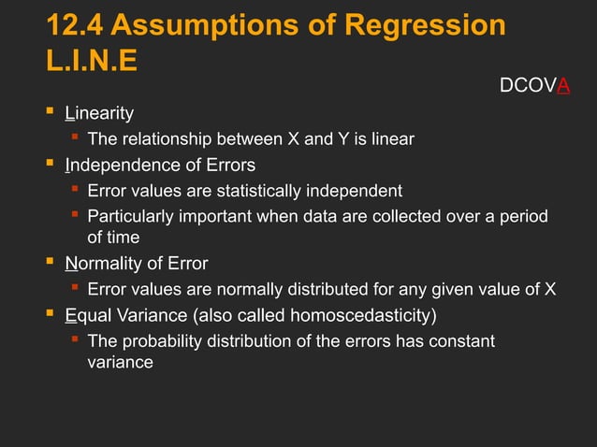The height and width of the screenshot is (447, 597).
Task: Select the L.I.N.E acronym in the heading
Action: (91, 62)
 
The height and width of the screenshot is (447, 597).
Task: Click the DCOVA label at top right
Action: (534, 87)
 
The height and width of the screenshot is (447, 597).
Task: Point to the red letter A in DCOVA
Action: (564, 87)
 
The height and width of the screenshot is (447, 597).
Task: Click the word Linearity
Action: (99, 114)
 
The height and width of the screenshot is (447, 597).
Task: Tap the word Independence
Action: (116, 166)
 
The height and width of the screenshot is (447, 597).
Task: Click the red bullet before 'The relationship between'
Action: (74, 139)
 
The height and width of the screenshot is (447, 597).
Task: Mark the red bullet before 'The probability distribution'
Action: (74, 339)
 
